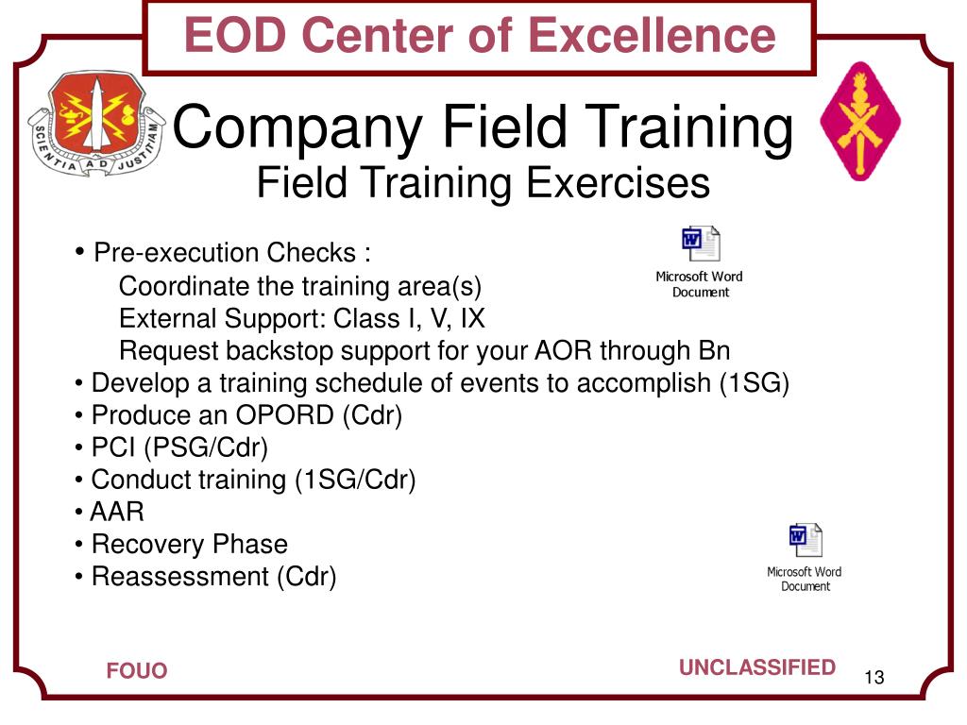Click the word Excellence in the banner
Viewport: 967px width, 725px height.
(x=652, y=35)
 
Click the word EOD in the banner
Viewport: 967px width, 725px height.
(x=235, y=35)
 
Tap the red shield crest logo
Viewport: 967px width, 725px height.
(x=97, y=124)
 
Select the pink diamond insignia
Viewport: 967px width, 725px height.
(x=860, y=121)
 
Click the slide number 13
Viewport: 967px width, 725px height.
(x=874, y=678)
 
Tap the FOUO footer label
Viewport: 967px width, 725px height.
(x=137, y=671)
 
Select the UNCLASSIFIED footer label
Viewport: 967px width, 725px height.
(x=757, y=667)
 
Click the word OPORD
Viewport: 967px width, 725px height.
(x=285, y=415)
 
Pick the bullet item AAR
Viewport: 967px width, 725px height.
(x=117, y=512)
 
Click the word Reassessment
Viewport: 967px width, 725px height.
(x=180, y=577)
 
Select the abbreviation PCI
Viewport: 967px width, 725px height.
(x=113, y=447)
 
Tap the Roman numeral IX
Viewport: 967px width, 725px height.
(x=473, y=319)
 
